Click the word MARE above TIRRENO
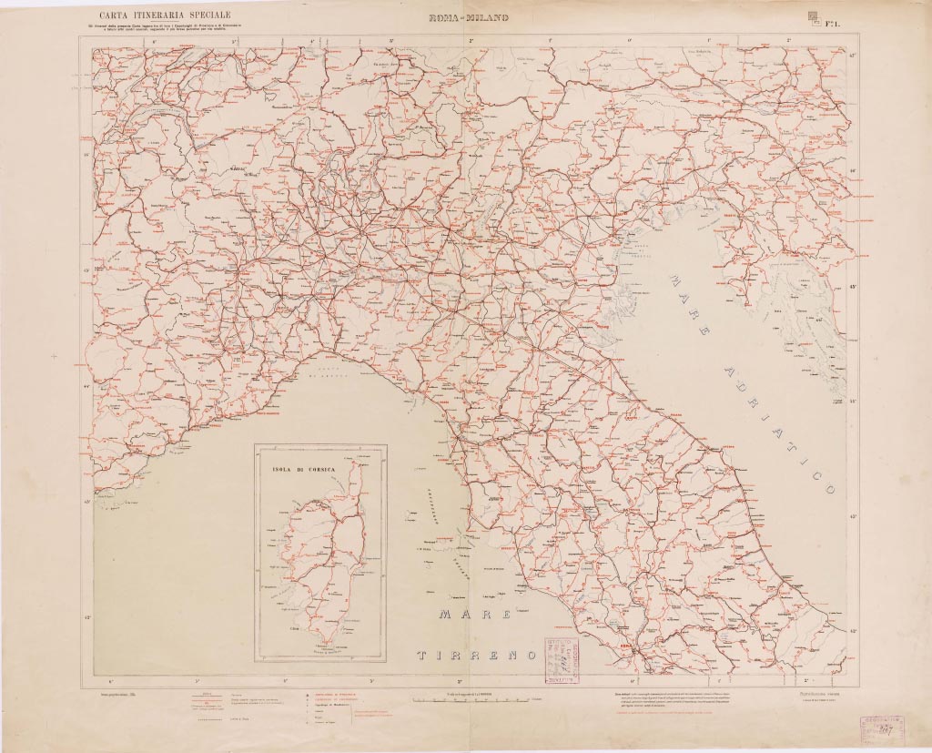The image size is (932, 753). (474, 615)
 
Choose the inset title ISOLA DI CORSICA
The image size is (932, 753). (303, 470)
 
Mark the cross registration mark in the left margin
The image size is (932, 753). (54, 356)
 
